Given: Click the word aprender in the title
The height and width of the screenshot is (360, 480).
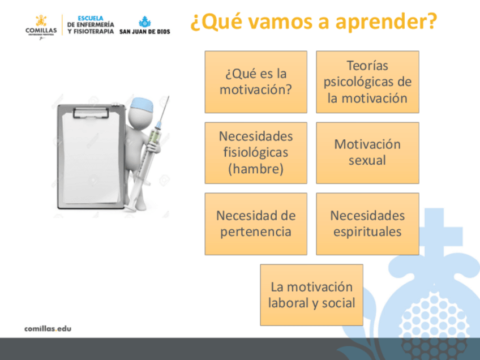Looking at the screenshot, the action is [386, 22].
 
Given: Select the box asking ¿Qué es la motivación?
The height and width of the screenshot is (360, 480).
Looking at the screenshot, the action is [256, 82].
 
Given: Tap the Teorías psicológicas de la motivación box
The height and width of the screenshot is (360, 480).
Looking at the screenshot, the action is [367, 82].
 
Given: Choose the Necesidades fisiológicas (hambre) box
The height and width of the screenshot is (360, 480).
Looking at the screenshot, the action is [256, 153].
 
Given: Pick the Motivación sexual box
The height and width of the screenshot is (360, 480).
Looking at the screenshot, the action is [367, 153].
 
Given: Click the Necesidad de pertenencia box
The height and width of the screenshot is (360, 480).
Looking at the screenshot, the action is [256, 224].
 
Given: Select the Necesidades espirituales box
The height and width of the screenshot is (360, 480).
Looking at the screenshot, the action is [367, 224].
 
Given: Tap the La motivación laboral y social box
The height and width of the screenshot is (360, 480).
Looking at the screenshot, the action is [312, 295].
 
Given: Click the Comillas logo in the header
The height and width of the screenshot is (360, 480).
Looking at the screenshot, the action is [41, 27].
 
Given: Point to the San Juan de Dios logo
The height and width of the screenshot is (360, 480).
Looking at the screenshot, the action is [144, 25].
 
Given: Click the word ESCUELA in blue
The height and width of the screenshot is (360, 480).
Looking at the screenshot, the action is [91, 18].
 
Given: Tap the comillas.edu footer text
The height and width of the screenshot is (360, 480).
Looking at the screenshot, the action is [48, 329].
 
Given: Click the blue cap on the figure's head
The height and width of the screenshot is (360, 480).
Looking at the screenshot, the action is [142, 105].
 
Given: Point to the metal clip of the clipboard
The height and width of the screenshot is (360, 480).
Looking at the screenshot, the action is [91, 113].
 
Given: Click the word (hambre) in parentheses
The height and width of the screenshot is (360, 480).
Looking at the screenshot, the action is [256, 169].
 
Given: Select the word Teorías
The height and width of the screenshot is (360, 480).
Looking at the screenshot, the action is [367, 66].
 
